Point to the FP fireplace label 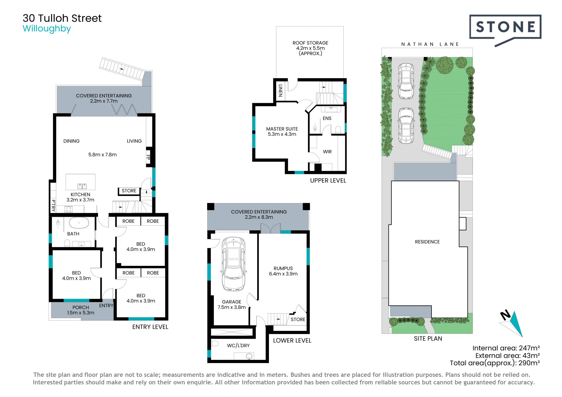pos(148,158)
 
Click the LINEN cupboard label pos(280,90)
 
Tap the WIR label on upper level pos(327,152)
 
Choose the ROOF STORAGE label pos(310,43)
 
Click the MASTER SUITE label pos(282,129)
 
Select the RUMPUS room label pos(283,268)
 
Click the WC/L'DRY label pos(238,345)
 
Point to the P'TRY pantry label pos(53,205)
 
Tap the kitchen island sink pos(82,186)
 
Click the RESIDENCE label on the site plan pos(427,242)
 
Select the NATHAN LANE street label pos(430,44)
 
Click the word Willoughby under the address pos(47,29)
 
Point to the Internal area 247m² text pos(506,348)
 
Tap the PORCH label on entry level pos(80,307)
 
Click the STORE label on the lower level pos(298,319)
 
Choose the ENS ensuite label pos(327,118)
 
